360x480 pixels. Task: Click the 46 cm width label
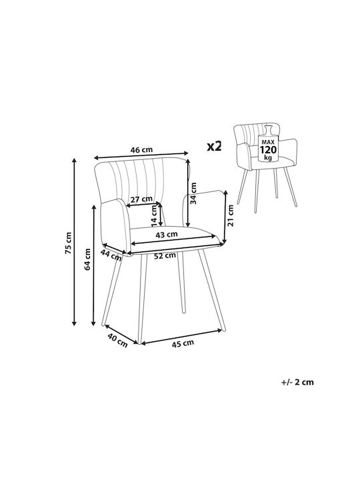click(141, 150)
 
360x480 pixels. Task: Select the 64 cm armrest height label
click(87, 259)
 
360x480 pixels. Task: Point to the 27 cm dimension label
click(141, 199)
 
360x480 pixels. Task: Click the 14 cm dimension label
click(154, 214)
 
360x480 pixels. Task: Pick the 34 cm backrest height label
click(193, 193)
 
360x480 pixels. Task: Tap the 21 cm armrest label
click(231, 215)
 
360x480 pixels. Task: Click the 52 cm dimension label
click(165, 255)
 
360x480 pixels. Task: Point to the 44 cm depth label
click(111, 255)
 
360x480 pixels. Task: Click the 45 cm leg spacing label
click(183, 343)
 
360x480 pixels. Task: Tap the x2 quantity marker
click(214, 147)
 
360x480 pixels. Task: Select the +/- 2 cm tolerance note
click(297, 382)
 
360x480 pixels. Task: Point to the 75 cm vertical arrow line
click(74, 241)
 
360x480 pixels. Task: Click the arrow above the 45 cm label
click(181, 337)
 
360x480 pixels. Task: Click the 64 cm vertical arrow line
click(94, 265)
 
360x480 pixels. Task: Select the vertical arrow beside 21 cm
click(225, 217)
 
